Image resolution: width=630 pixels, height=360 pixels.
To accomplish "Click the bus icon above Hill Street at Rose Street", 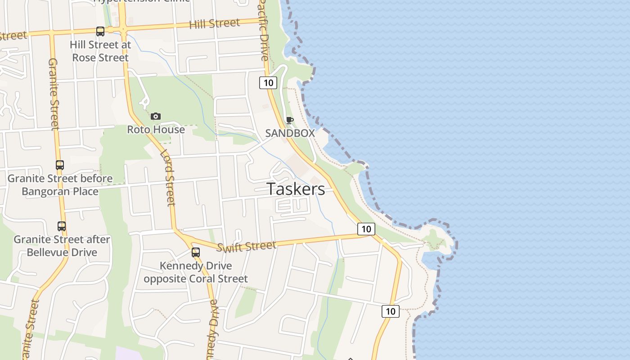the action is click(x=100, y=31).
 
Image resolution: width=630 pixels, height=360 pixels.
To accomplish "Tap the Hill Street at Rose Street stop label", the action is click(x=100, y=51).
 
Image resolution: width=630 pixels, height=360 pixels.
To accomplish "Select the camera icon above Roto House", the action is click(x=156, y=117).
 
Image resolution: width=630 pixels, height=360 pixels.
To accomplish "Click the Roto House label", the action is click(x=156, y=130).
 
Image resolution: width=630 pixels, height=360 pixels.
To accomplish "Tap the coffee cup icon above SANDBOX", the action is click(x=289, y=120).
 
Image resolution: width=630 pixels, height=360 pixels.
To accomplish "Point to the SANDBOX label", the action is click(x=290, y=133).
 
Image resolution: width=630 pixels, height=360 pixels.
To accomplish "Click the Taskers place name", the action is click(x=296, y=189).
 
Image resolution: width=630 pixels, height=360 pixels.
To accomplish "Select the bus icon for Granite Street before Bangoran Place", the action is click(x=60, y=165).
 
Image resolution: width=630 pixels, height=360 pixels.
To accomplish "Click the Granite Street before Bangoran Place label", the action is click(x=60, y=185).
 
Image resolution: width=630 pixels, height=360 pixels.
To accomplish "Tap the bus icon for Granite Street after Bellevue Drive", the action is click(x=62, y=226).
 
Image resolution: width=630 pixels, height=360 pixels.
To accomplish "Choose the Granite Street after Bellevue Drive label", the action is click(x=62, y=246).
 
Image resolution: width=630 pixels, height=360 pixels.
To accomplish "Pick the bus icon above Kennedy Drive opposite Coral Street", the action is click(x=195, y=252).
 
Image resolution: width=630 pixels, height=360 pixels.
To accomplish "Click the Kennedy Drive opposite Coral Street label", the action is click(x=196, y=272).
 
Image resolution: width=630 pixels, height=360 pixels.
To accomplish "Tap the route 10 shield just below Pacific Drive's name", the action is click(x=268, y=82).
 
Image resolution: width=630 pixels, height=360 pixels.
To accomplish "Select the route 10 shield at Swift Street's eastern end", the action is click(x=366, y=229).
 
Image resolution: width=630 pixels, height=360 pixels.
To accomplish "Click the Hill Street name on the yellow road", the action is click(x=214, y=24).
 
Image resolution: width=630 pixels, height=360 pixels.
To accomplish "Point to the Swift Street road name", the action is click(x=246, y=246).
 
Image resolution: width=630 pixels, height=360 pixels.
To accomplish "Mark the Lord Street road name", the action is click(x=167, y=177).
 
